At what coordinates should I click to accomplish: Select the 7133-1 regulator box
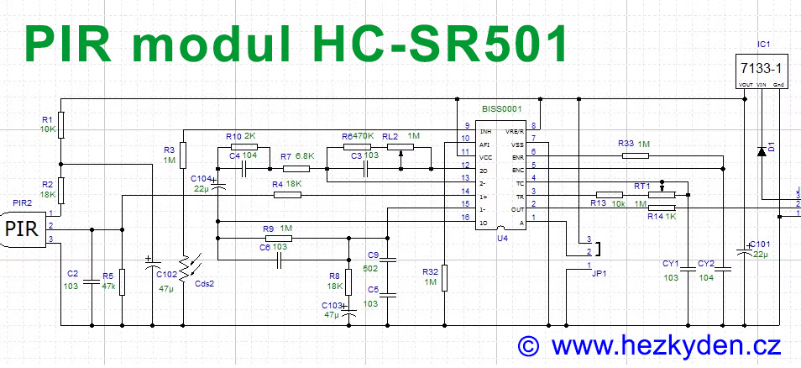click(758, 67)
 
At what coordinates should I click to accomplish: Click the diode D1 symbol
click(762, 151)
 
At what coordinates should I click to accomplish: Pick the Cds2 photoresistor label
click(205, 282)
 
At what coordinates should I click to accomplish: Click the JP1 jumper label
click(596, 273)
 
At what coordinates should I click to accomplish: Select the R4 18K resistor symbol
click(287, 195)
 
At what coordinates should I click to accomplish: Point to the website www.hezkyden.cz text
click(666, 344)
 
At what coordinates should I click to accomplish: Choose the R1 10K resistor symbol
click(61, 125)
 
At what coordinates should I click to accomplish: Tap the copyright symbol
click(528, 344)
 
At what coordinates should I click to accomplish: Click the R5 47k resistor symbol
click(123, 282)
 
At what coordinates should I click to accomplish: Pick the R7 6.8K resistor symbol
click(296, 168)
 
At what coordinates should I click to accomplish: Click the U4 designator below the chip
click(502, 239)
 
